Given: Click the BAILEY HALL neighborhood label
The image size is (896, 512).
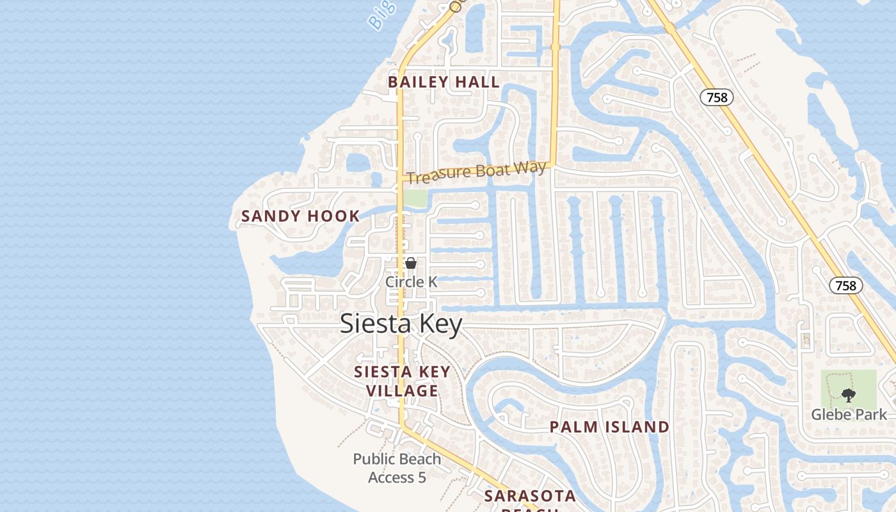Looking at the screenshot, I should tap(444, 82).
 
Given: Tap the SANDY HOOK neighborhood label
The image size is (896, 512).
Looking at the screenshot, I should tap(300, 216).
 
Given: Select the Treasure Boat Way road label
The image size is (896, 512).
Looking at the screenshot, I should tap(477, 172).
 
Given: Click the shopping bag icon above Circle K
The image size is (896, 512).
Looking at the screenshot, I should tap(411, 263).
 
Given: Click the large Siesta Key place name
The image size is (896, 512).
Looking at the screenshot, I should tap(401, 324).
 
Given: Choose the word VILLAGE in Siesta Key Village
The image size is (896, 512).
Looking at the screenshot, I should tap(403, 391).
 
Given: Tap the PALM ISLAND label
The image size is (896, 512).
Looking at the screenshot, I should tap(609, 427).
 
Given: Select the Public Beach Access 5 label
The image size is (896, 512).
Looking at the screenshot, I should tap(397, 468).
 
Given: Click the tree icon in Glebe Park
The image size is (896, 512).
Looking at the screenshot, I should tap(849, 396).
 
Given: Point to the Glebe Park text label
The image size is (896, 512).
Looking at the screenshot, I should tap(849, 415).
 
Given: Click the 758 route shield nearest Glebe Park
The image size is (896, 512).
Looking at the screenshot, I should tap(845, 285).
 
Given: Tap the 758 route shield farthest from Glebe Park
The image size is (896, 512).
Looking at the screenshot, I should tap(716, 97).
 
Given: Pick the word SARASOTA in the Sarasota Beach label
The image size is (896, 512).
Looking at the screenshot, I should tap(530, 496).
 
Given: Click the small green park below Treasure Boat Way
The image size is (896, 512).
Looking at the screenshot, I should tap(415, 198).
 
